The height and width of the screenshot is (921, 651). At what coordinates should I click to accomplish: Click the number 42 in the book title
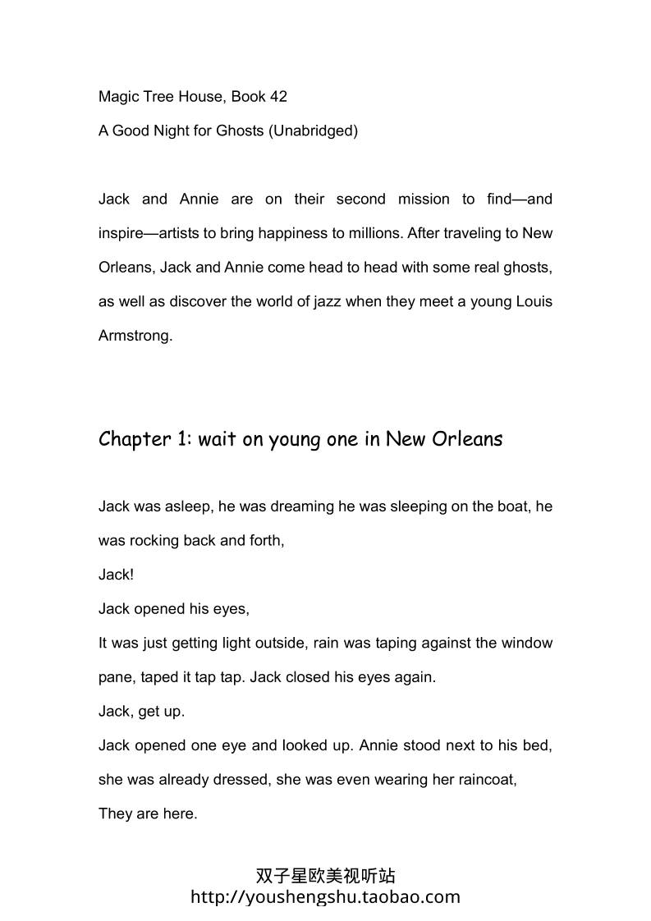point(277,97)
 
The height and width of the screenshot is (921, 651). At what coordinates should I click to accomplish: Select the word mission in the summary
point(424,199)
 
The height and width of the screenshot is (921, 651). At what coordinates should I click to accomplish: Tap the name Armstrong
point(135,336)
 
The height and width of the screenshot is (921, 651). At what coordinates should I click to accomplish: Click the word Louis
point(534,301)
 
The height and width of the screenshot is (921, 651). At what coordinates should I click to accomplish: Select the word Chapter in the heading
point(134,439)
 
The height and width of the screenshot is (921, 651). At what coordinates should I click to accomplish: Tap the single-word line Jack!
point(116,575)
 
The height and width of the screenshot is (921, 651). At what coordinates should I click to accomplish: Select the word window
point(528,643)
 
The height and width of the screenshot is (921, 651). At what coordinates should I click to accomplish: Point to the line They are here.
point(148,814)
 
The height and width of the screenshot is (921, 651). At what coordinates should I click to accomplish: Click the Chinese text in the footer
point(325,876)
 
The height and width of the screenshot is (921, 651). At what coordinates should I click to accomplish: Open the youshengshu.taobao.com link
point(325,896)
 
